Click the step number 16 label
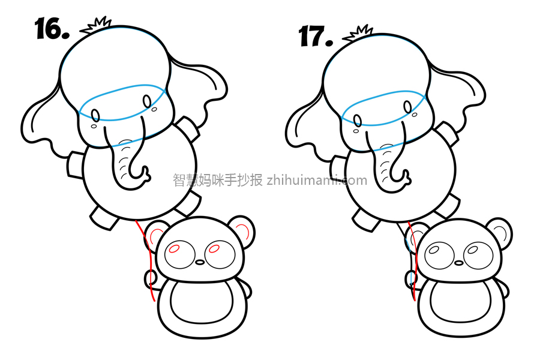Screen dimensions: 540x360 tap(52, 29)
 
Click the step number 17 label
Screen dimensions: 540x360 tap(316, 36)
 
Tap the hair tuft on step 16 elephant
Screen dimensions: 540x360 tap(96, 25)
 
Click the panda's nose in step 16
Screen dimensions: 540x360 tap(200, 262)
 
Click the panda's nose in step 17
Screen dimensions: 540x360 tap(459, 263)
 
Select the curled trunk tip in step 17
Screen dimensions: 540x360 tap(405, 178)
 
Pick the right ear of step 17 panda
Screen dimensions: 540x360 tap(499, 233)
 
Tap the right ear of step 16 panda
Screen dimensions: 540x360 tap(242, 232)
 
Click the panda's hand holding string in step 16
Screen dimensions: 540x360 tap(151, 279)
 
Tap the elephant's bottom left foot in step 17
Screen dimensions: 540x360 tap(367, 220)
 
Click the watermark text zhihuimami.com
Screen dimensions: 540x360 tap(317, 180)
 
